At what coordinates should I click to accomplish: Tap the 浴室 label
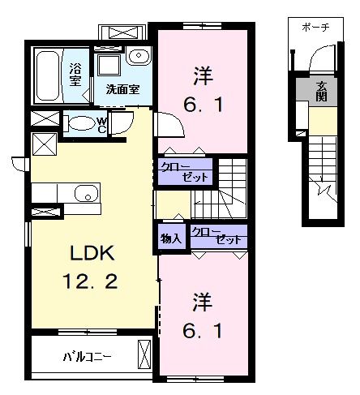[x=75, y=74]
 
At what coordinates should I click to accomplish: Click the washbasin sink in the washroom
[x=138, y=57]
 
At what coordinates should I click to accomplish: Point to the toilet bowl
[x=82, y=125]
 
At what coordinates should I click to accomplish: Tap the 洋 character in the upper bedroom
[x=203, y=75]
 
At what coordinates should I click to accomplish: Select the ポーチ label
[x=315, y=26]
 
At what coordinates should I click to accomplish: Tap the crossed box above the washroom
[x=122, y=33]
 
